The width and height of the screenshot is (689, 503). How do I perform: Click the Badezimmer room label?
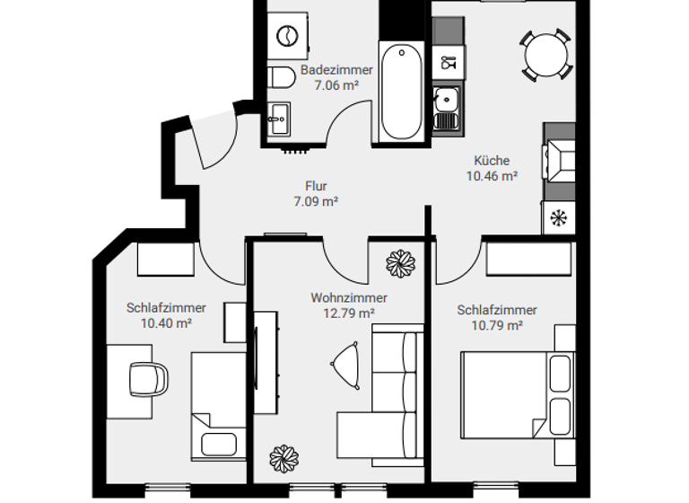(x=330, y=70)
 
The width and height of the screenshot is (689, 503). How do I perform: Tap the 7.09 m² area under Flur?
(x=315, y=202)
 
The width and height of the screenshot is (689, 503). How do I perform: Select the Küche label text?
(x=491, y=162)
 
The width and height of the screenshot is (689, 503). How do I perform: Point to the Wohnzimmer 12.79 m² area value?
(x=349, y=313)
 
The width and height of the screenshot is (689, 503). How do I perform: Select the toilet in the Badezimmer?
(x=280, y=77)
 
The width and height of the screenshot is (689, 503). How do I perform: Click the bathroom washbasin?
(x=278, y=116)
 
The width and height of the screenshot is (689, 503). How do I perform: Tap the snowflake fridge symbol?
(x=558, y=216)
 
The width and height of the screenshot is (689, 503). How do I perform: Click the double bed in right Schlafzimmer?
(x=516, y=393)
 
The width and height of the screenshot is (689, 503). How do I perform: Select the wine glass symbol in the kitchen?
(x=447, y=63)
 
